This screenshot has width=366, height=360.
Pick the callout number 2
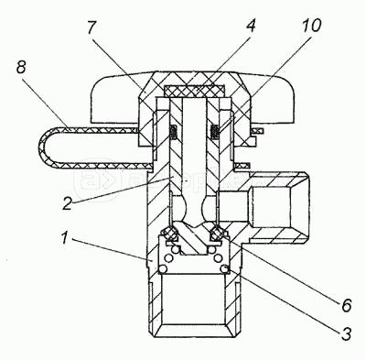[67, 203]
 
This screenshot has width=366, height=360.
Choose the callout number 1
[65, 238]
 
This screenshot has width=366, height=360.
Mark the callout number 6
[347, 305]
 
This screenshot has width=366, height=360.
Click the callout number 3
[347, 334]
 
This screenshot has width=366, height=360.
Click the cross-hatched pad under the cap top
[194, 90]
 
